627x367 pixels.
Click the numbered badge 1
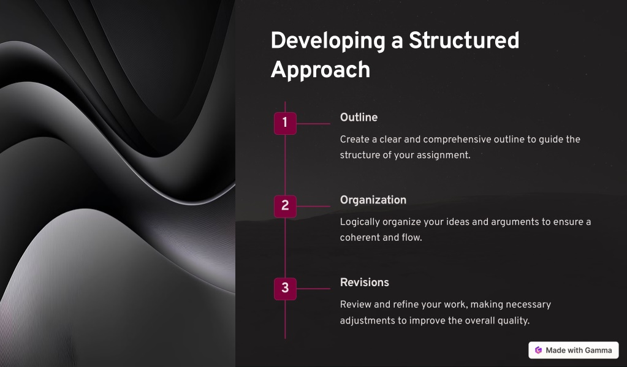click(x=285, y=123)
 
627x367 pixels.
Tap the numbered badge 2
click(x=285, y=206)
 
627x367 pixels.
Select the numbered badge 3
click(x=285, y=289)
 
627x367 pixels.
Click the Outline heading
click(x=359, y=117)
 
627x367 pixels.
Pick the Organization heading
click(x=373, y=200)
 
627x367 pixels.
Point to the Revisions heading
click(x=364, y=282)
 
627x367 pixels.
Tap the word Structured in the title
click(x=464, y=40)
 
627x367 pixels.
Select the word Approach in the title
click(x=321, y=70)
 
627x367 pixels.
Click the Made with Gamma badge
click(x=574, y=350)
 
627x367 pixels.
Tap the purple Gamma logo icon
click(x=538, y=350)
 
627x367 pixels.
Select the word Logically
click(x=360, y=222)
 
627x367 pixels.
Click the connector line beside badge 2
click(x=313, y=206)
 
